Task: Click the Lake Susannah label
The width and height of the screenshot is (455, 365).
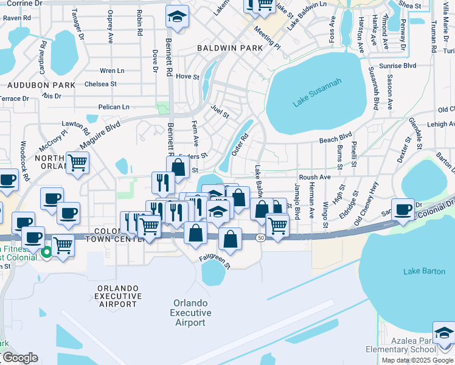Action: [x=317, y=92]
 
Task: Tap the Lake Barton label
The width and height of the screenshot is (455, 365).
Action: [x=424, y=271]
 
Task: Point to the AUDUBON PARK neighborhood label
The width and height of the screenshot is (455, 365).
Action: [x=29, y=86]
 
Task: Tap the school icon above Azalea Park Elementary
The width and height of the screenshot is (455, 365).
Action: [x=444, y=333]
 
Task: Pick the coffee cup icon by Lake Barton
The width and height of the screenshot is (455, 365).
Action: [x=403, y=209]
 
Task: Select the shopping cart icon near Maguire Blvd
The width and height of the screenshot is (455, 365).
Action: [x=78, y=162]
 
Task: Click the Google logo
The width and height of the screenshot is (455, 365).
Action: [x=19, y=358]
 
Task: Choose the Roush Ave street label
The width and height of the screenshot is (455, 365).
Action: [x=314, y=177]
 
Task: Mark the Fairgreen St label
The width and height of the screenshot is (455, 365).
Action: [x=215, y=262]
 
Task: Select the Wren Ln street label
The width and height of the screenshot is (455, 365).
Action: [x=112, y=71]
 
